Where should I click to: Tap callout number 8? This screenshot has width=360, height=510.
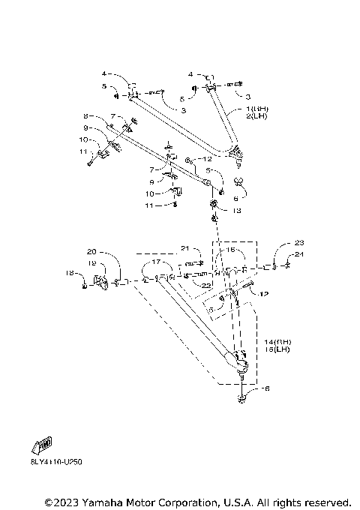[86, 116]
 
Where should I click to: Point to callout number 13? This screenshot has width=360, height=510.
[237, 211]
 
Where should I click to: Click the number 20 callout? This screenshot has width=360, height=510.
[91, 251]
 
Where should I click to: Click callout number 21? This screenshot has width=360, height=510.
[186, 248]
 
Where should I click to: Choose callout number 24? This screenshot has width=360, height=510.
[300, 254]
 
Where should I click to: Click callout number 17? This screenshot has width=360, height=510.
[156, 262]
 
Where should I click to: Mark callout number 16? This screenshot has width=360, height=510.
[231, 250]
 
